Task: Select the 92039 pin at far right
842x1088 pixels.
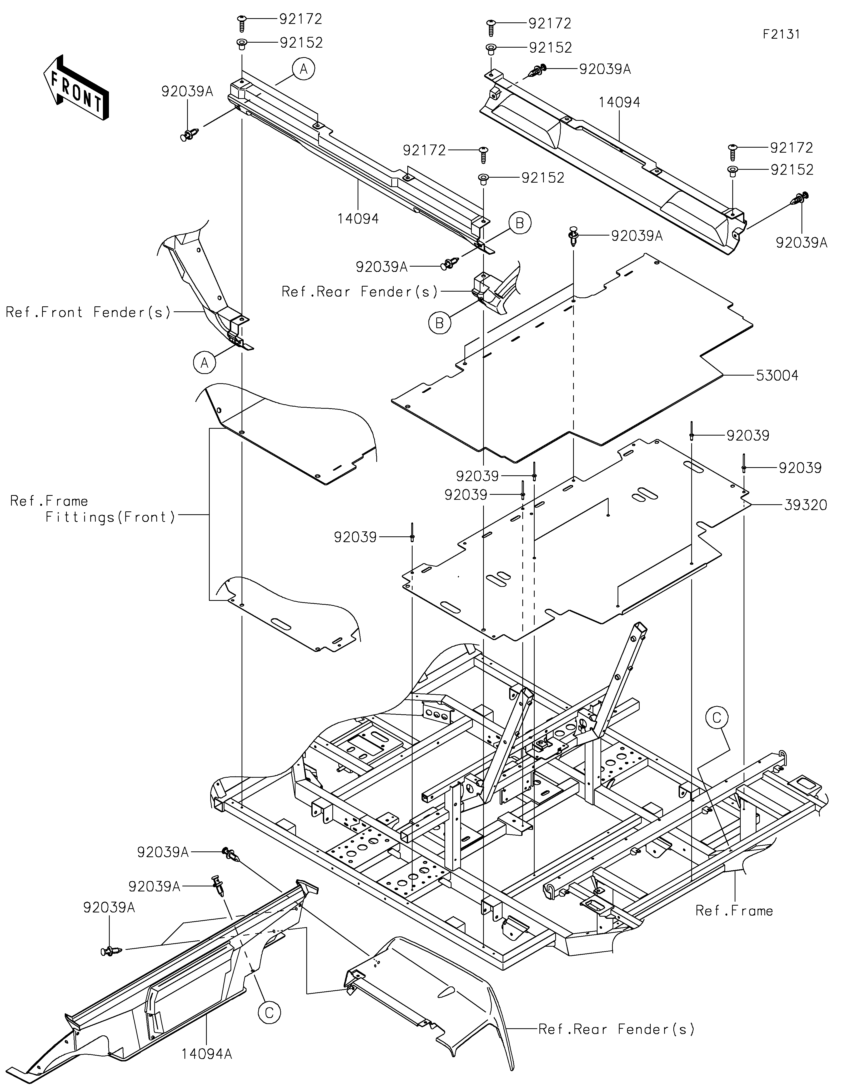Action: coord(743,463)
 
